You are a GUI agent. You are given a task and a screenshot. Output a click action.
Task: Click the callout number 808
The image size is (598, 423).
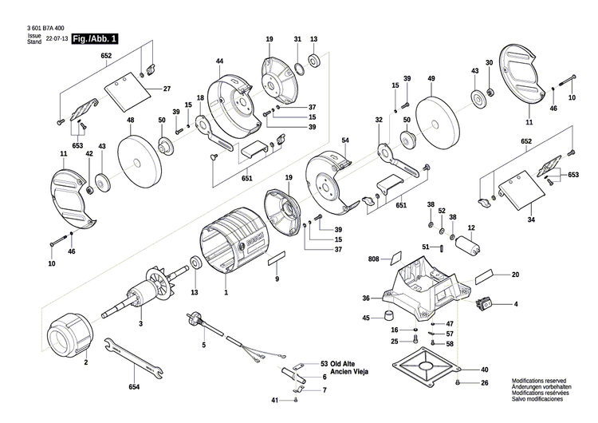375,259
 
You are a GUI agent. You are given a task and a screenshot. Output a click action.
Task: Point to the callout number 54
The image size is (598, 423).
345,140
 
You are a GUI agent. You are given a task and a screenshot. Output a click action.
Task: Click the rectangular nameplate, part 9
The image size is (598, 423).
276,257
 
